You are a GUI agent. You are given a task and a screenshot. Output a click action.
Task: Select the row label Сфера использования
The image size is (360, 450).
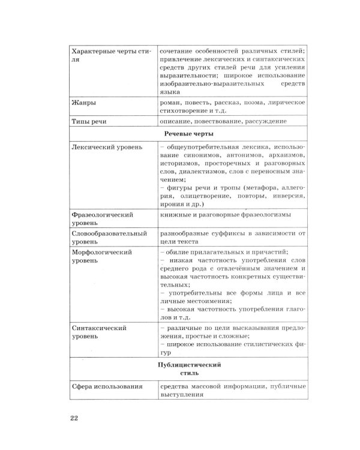[x=107, y=387]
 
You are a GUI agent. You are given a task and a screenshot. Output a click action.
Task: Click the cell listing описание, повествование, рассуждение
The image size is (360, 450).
[x=223, y=122]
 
